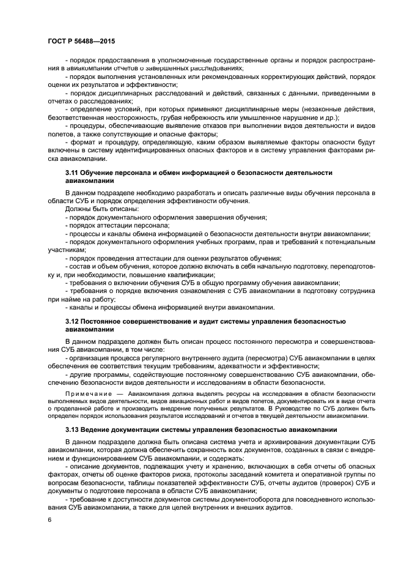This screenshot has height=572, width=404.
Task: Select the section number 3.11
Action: [73, 173]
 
